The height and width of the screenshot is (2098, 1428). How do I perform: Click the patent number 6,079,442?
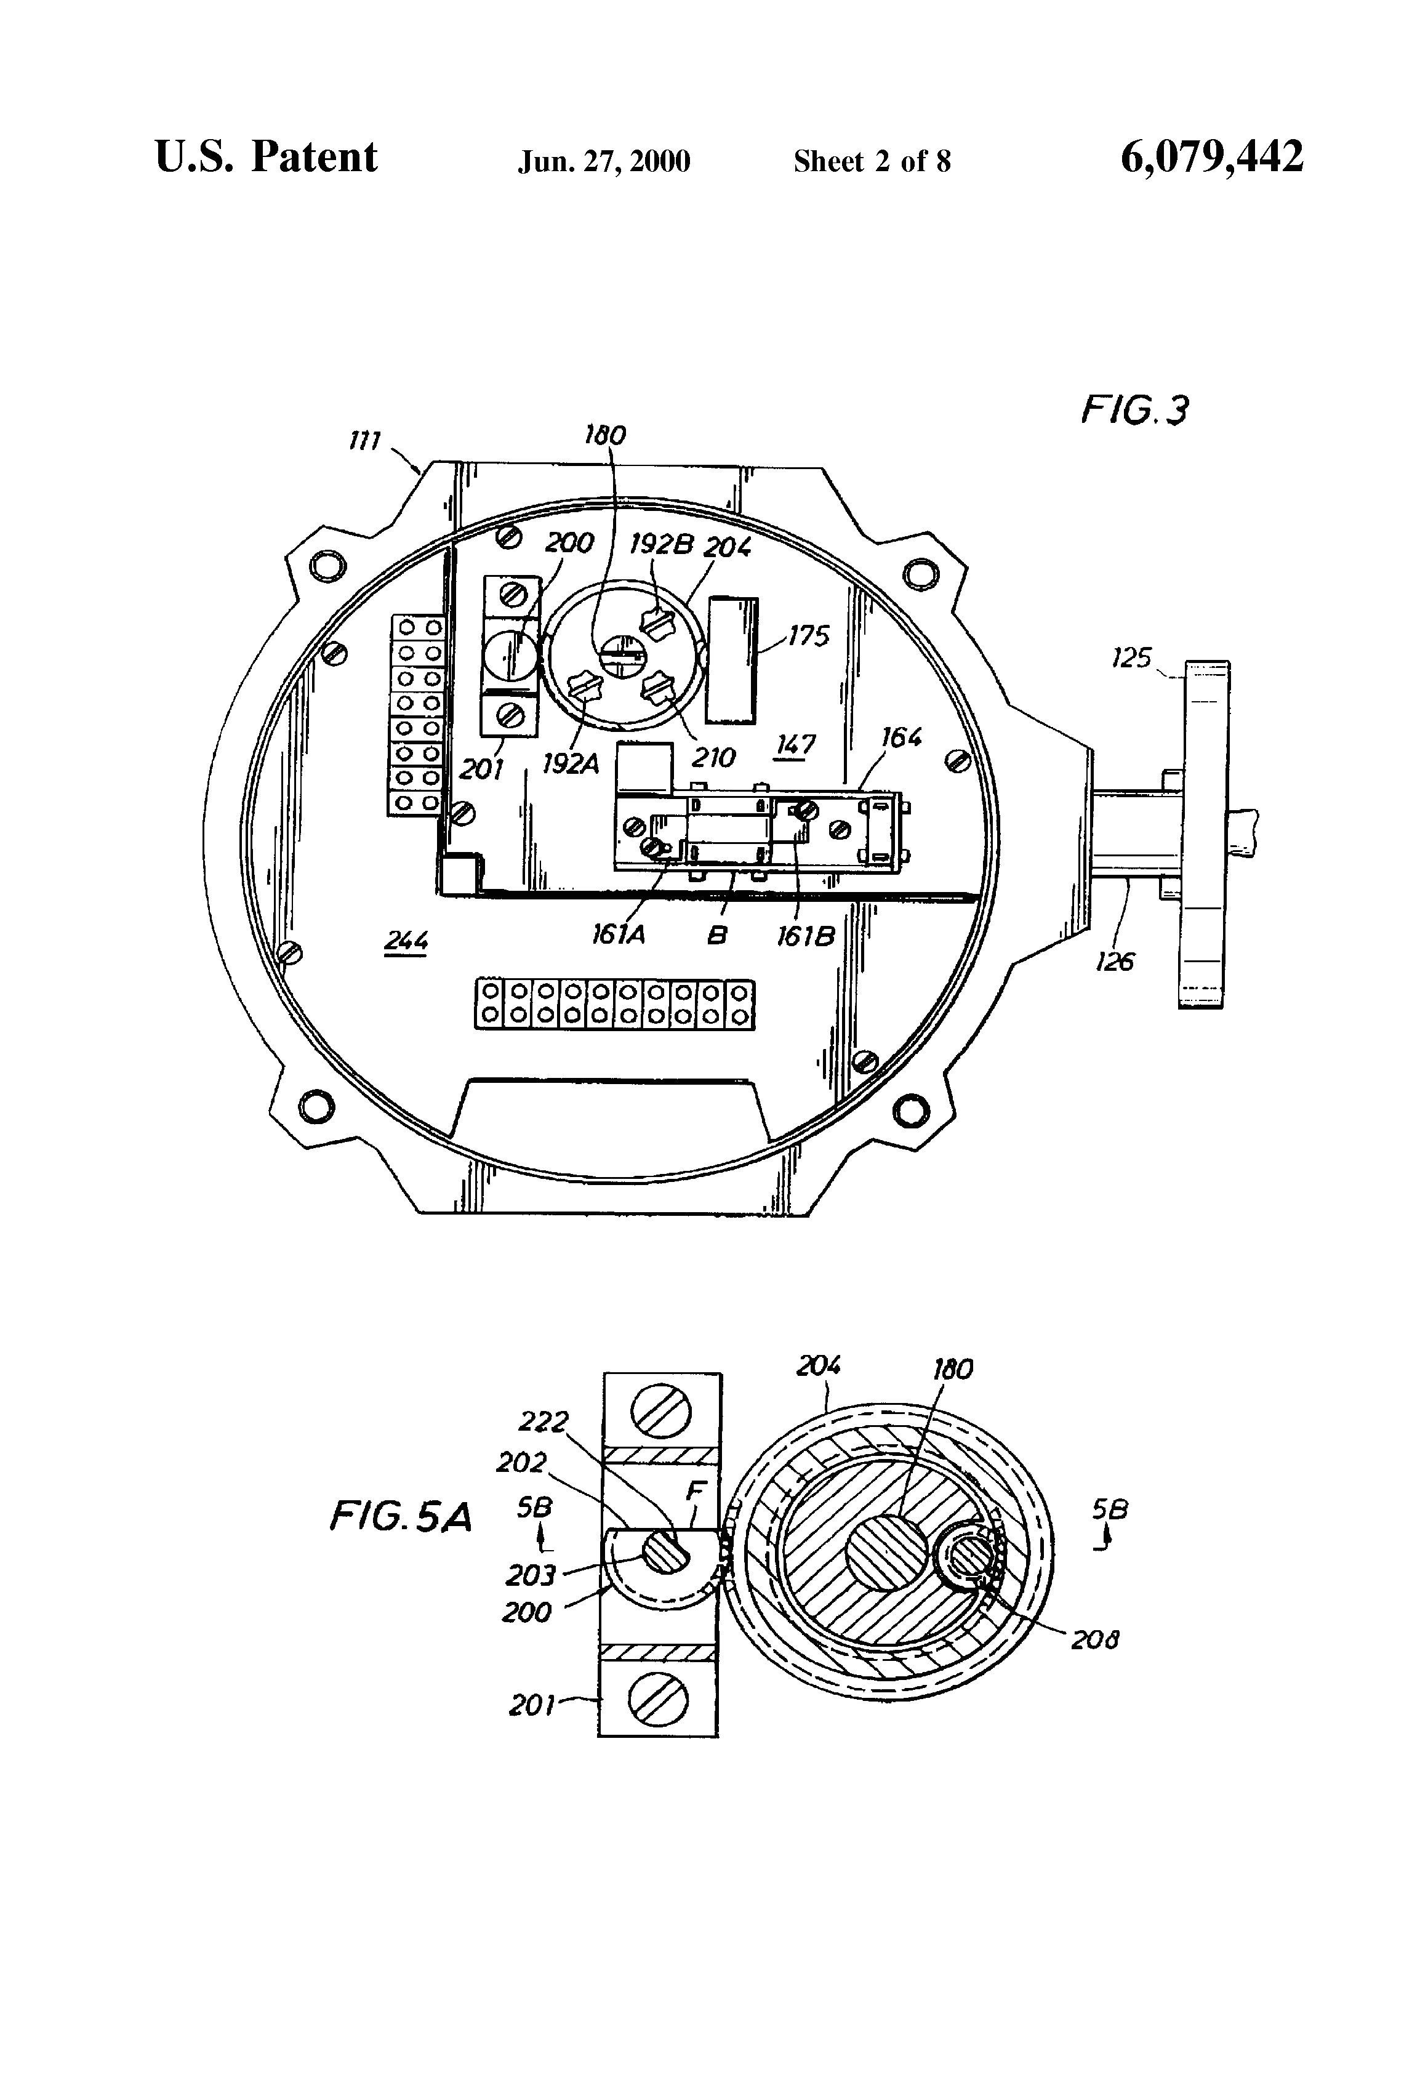point(1211,157)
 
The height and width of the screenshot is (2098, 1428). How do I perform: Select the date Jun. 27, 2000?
point(604,161)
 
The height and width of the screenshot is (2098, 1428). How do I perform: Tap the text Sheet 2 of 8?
point(872,161)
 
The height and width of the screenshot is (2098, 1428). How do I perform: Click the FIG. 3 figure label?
point(1134,411)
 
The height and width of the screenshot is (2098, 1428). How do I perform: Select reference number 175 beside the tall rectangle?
point(809,637)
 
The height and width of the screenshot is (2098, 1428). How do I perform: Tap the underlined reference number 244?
point(405,941)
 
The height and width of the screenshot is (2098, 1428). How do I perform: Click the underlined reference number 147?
point(795,745)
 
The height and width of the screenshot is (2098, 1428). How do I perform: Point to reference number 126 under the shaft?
point(1114,962)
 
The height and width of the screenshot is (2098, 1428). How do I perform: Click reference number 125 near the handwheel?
point(1131,658)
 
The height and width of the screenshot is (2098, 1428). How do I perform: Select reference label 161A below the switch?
point(619,935)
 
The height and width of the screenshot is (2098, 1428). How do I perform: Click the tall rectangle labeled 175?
point(732,660)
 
